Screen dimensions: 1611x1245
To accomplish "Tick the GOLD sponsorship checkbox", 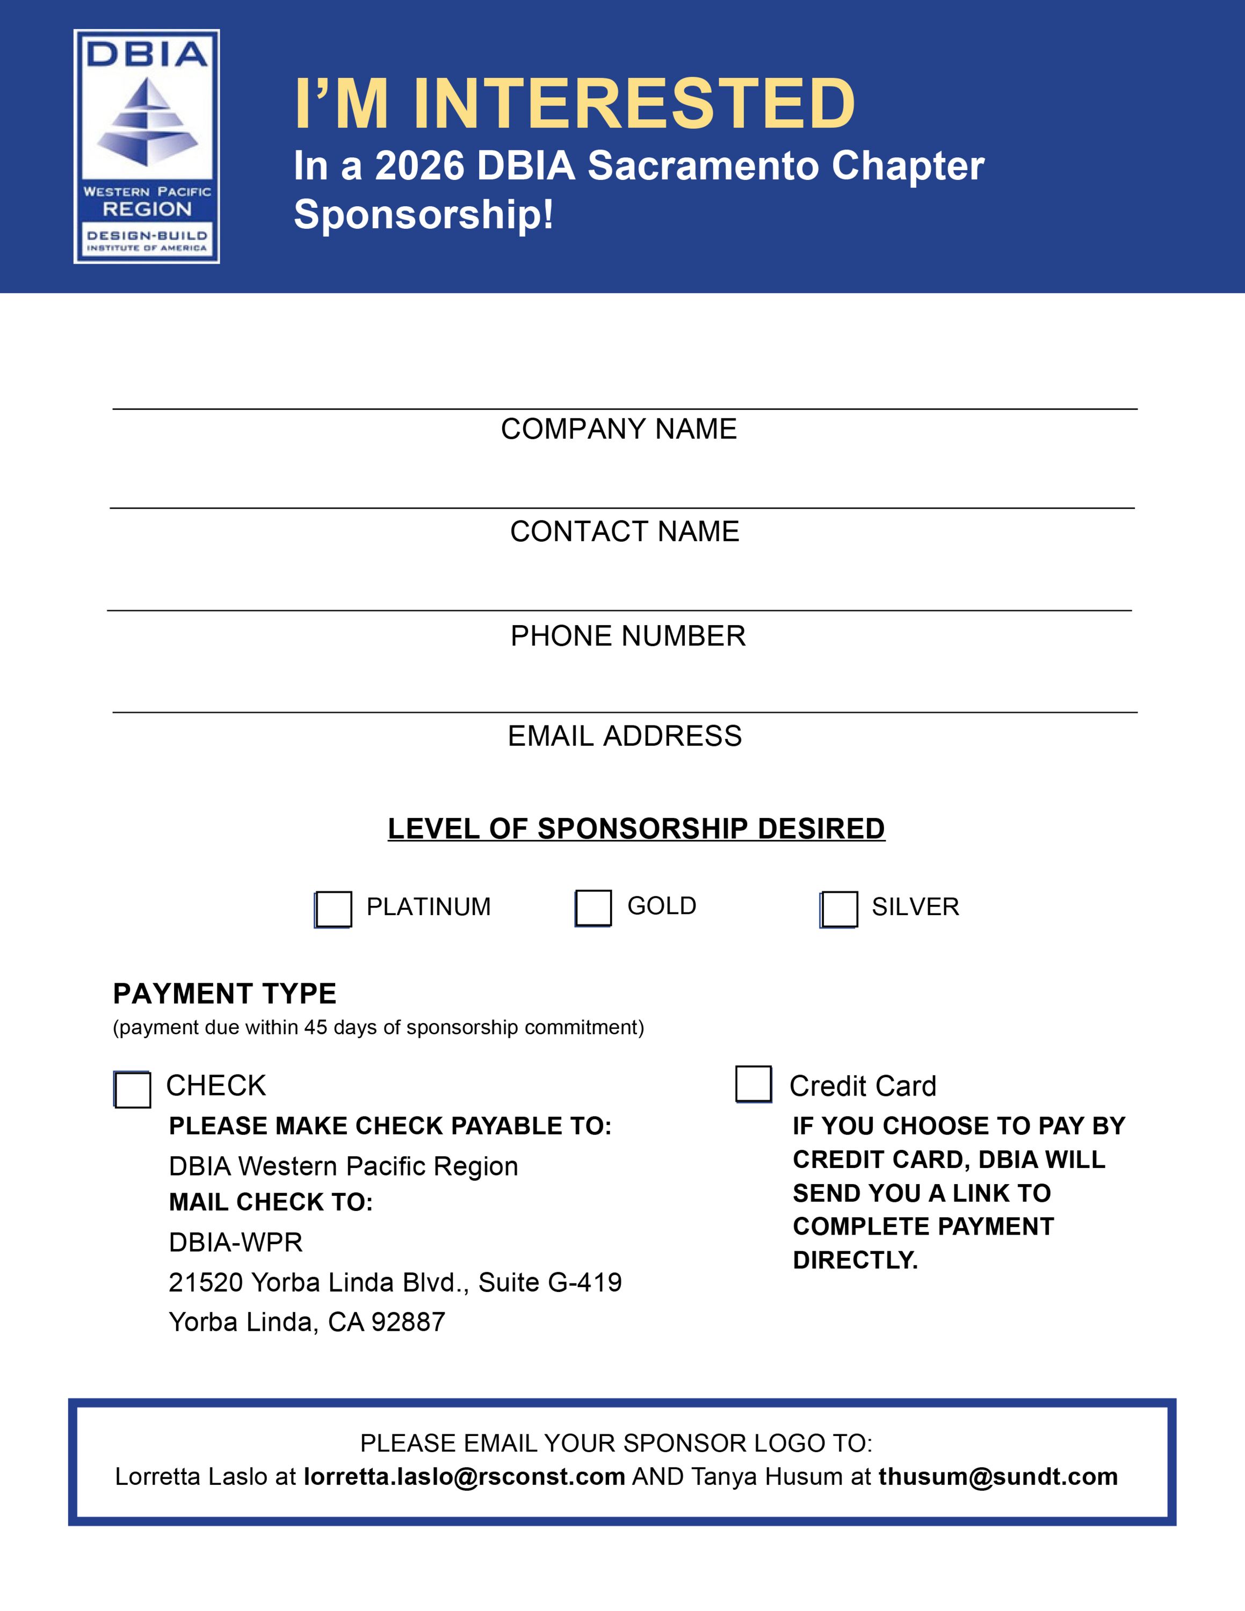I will pos(593,908).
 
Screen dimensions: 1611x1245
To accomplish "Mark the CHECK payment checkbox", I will pos(133,1090).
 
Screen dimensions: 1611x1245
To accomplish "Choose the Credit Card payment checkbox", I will pos(754,1084).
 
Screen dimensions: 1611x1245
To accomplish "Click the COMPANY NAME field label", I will pos(619,429).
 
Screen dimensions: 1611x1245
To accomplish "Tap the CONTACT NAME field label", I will pos(625,532).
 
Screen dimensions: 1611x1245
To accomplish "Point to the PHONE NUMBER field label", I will pos(628,636).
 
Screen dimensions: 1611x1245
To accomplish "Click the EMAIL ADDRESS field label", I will pos(625,736).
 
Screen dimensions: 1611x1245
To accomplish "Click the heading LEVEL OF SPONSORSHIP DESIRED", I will pos(636,829).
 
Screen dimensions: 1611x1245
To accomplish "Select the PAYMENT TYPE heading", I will pos(225,993).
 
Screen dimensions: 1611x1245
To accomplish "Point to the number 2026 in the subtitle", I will pos(419,166).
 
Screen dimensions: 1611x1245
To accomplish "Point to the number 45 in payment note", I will pos(316,1027).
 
